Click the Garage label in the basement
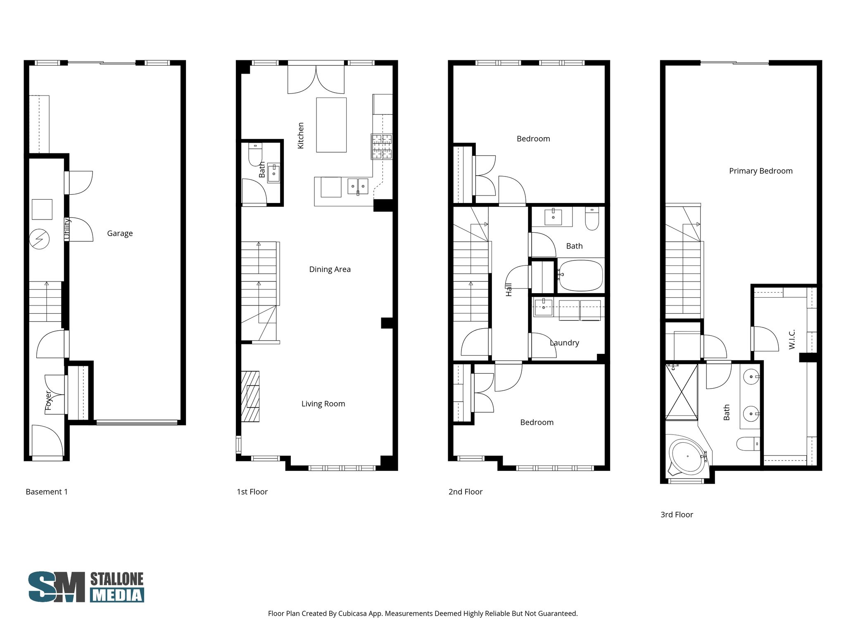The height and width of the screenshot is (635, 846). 120,233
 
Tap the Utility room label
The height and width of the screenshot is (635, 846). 67,229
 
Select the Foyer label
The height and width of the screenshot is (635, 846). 48,400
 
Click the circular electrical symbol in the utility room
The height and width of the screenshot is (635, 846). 40,239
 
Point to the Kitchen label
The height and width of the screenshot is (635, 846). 301,135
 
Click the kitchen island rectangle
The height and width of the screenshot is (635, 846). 331,125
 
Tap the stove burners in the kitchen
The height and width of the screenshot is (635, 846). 381,147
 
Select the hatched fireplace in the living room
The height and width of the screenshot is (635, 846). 250,396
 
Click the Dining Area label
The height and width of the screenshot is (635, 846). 330,270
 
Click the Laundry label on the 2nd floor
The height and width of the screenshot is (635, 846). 564,343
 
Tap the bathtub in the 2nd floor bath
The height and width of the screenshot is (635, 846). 580,275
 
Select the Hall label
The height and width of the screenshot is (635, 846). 509,289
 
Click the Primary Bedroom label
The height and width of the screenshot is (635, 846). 760,171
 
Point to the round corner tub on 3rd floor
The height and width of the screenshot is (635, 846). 687,456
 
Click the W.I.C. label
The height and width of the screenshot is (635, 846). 791,339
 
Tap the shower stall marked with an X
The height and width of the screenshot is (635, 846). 681,391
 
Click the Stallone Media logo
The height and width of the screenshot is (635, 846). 86,587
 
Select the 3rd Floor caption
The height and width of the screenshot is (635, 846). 677,515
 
